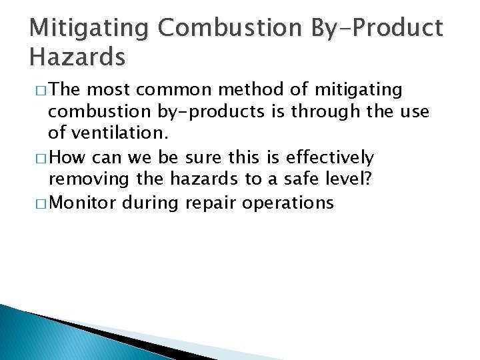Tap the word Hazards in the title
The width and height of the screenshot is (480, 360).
click(x=77, y=57)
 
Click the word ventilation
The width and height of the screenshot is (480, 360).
click(x=118, y=133)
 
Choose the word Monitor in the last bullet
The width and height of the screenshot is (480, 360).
click(x=83, y=203)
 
